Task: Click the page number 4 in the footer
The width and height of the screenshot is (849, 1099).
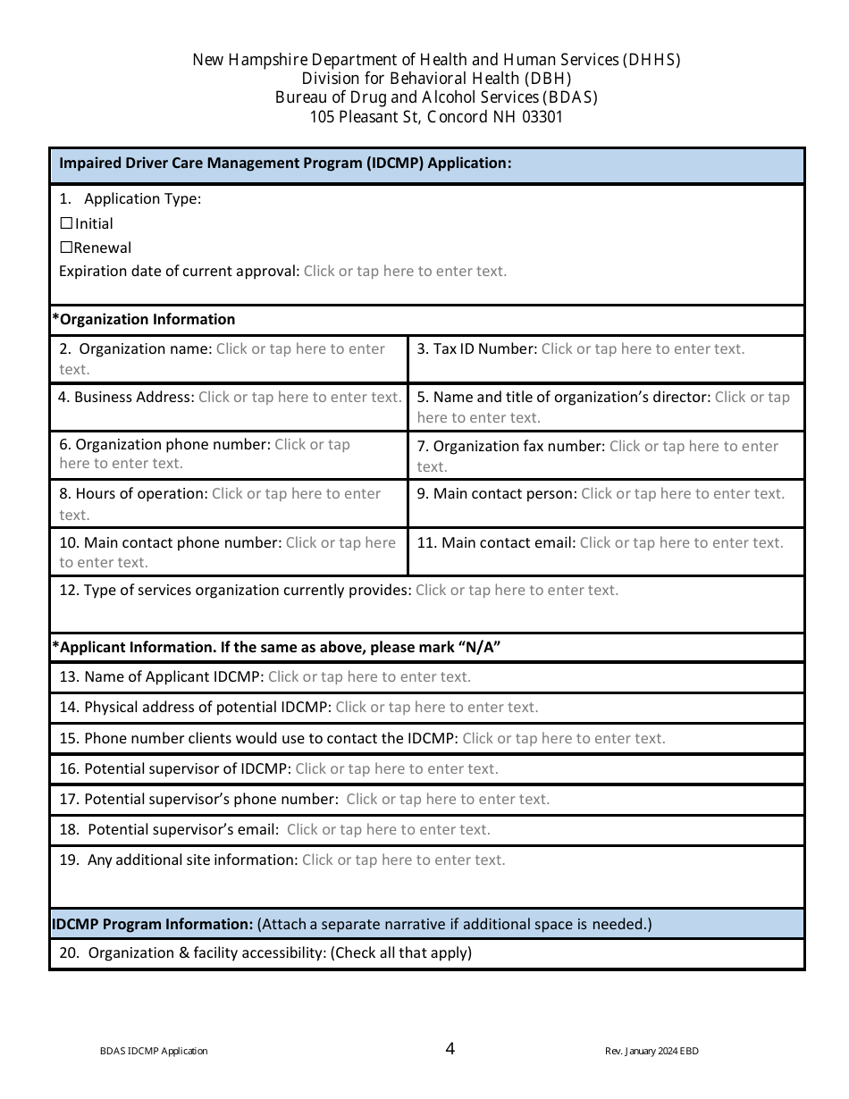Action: pos(450,1048)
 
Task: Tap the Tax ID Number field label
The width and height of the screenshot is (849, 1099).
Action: pos(476,349)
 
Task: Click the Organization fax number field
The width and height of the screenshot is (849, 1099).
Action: pos(693,446)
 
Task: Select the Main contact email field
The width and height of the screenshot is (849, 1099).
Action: pos(681,542)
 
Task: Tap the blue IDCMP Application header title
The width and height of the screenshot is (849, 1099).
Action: pos(284,164)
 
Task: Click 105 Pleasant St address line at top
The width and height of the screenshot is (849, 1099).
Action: pos(436,116)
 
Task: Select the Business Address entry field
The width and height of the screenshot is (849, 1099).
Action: pos(299,397)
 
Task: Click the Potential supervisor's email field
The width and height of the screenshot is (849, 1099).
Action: pos(388,830)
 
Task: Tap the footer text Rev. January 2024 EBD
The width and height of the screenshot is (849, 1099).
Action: pos(651,1051)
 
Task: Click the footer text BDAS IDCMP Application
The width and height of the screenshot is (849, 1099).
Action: pos(154,1051)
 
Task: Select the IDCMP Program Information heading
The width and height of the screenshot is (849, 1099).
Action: pos(152,924)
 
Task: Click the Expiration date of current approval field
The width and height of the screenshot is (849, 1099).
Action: pos(405,272)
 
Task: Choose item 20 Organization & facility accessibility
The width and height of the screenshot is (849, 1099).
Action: pos(265,953)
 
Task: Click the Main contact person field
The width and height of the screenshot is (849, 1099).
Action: pos(682,494)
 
